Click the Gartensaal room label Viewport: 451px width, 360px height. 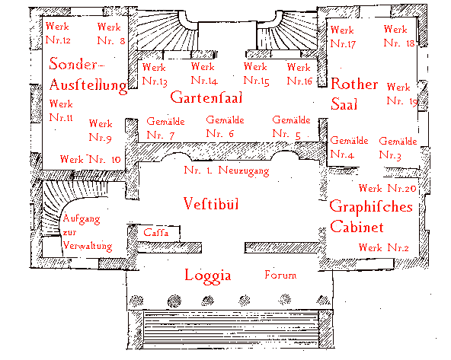tap(206, 97)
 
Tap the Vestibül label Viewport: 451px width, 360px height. tap(211, 204)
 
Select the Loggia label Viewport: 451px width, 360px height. tap(208, 276)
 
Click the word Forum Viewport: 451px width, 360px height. tap(280, 275)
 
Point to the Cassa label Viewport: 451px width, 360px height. tap(156, 232)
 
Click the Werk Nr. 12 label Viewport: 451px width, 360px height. tap(58, 33)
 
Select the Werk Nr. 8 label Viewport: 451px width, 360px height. tap(111, 33)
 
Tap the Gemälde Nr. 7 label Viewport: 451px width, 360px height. tap(165, 128)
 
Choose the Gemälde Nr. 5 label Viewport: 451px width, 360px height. tap(291, 127)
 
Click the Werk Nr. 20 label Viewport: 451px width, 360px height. tap(388, 188)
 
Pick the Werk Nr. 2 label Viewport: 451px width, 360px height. tap(384, 247)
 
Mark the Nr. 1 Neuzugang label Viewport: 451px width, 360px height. tap(226, 170)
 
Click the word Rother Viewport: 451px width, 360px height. tap(354, 84)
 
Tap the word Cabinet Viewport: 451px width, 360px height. tap(357, 227)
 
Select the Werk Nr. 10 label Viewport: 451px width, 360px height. tap(90, 159)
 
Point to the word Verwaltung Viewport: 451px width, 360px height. tap(88, 246)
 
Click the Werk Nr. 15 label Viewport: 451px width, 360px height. tap(256, 74)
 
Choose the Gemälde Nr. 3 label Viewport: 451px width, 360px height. tap(398, 148)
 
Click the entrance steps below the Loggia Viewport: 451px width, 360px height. tap(231, 329)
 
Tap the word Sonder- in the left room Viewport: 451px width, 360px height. tap(76, 63)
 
